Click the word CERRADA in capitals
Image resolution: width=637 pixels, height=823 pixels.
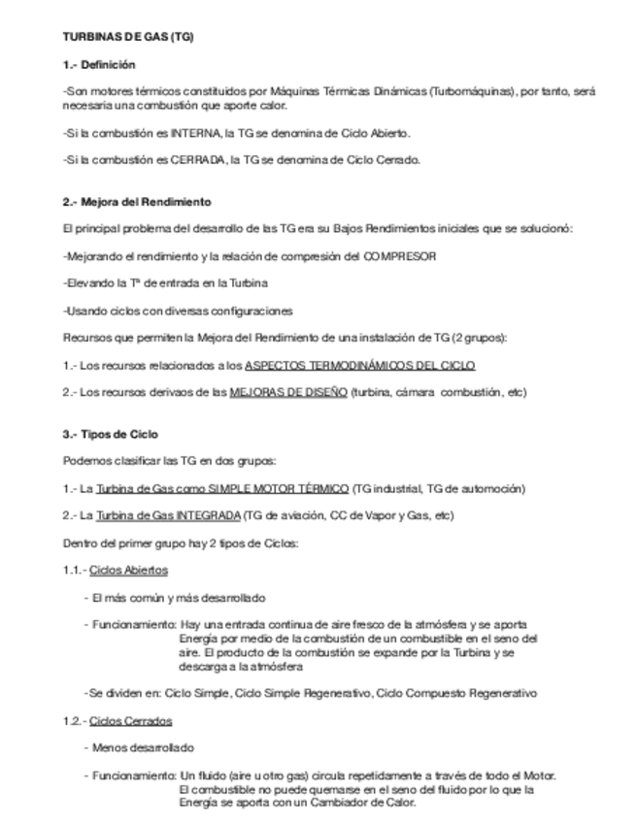(196, 160)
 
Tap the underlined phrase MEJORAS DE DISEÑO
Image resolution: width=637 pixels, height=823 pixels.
(288, 392)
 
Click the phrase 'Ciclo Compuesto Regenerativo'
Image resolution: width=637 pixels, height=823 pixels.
(456, 694)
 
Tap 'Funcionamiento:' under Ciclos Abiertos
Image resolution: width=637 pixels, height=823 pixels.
(134, 625)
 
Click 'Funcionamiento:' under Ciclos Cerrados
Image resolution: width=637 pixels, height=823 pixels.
(134, 775)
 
